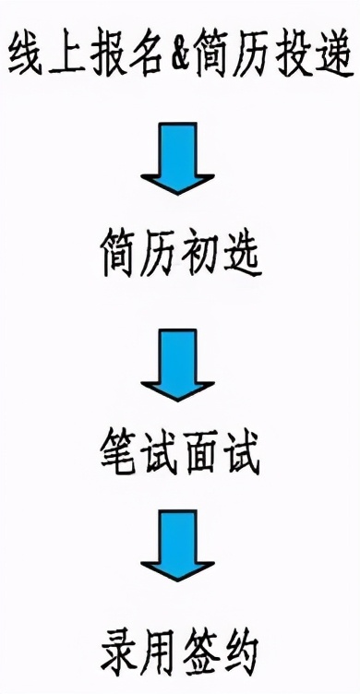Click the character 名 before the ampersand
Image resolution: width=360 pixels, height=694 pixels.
151,57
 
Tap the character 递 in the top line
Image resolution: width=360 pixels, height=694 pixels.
331,57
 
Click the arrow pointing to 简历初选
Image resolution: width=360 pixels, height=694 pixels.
178,164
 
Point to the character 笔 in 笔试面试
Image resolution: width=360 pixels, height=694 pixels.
117,459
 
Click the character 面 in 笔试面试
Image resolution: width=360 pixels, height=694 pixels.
201,459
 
